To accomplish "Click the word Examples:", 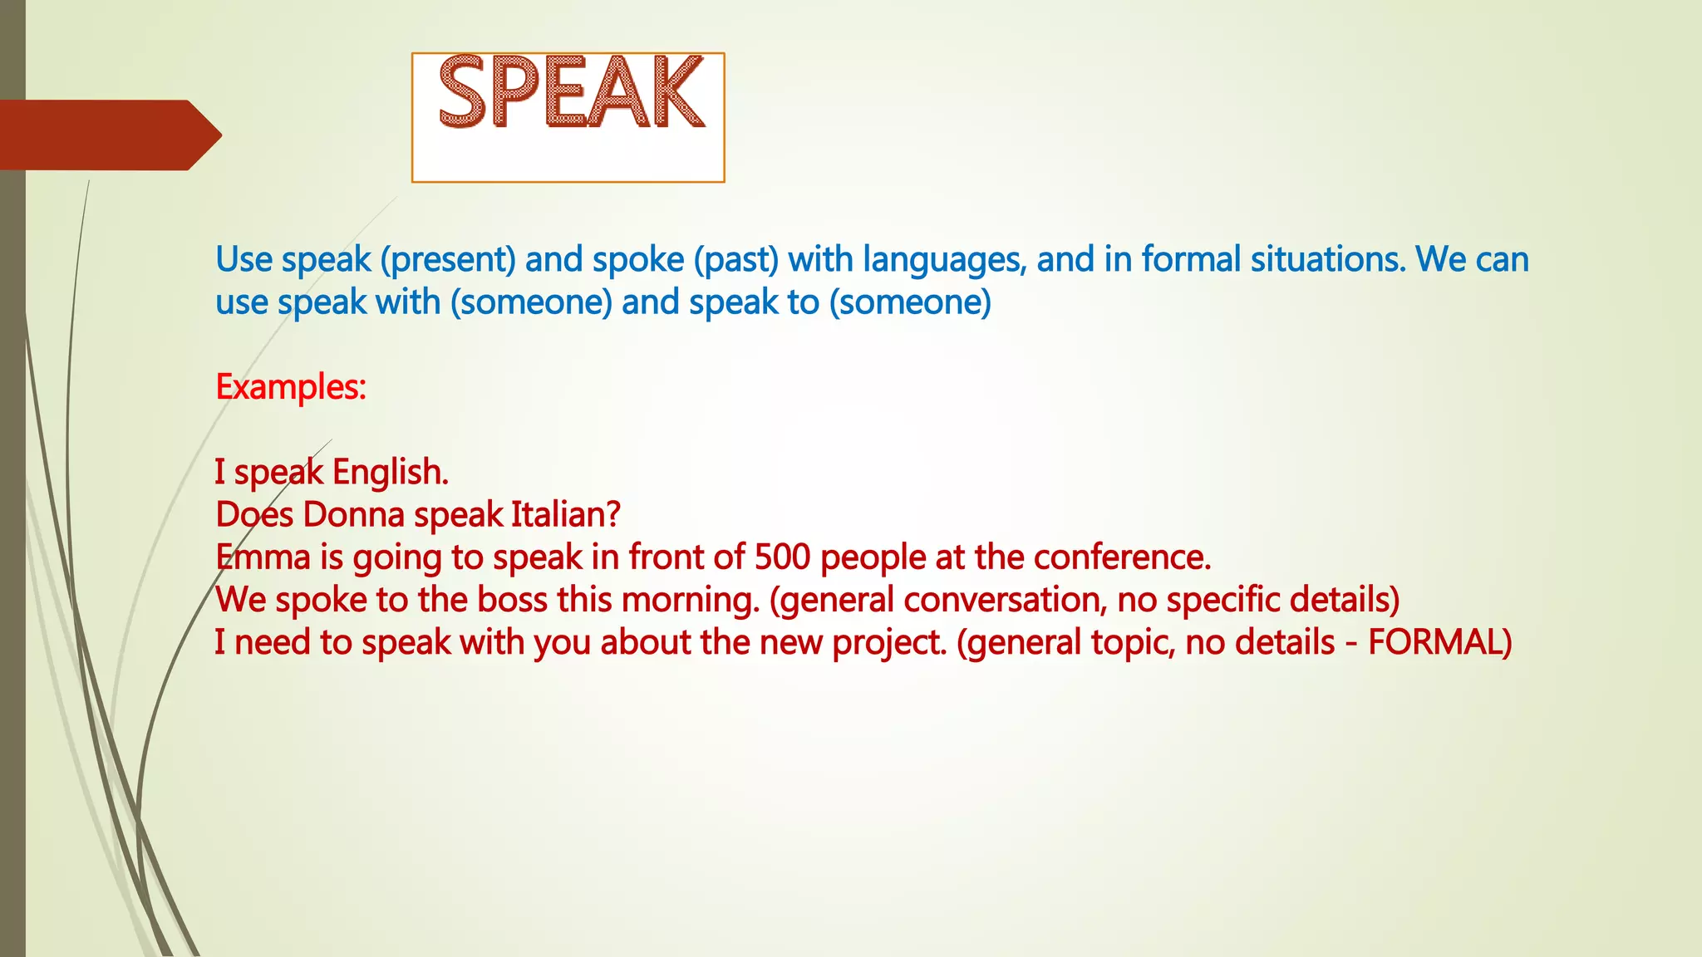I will point(291,387).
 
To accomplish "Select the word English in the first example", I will point(391,472).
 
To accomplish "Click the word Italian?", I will point(565,515).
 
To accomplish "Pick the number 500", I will point(782,557).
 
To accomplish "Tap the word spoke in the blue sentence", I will point(637,260).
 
